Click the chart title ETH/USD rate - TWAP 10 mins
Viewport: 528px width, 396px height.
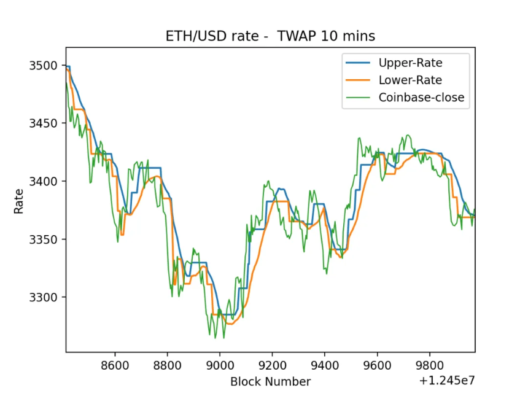[270, 36]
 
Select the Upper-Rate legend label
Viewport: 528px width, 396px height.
[410, 63]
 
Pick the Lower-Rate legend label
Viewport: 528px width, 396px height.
[410, 80]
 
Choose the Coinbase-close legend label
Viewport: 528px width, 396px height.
[421, 98]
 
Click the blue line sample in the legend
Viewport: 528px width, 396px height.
[358, 63]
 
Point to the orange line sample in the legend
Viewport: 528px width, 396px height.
[358, 80]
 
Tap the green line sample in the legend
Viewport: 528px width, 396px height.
[358, 98]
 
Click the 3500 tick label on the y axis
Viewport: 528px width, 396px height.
[43, 65]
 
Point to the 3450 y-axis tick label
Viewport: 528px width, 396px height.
[43, 123]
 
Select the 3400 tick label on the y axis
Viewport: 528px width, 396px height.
[43, 181]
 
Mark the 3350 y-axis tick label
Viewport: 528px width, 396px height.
[43, 239]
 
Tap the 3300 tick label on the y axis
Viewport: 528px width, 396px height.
[43, 297]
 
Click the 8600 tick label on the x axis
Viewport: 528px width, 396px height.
[115, 365]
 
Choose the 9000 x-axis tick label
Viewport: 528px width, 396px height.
[220, 365]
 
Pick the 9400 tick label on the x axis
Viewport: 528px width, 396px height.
[325, 365]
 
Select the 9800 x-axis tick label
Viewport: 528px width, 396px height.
[430, 365]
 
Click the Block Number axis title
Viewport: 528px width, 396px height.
[270, 381]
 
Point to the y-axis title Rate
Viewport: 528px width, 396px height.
[19, 201]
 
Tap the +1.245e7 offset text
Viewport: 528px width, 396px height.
[447, 381]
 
